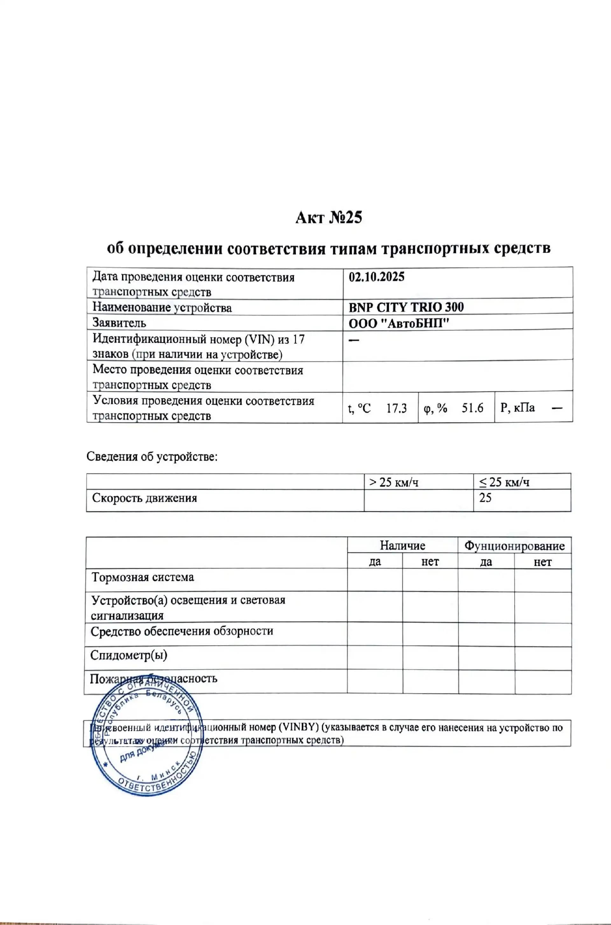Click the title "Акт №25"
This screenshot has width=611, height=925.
point(328,217)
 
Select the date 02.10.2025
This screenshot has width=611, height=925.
point(376,277)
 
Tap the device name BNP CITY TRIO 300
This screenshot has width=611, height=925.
point(406,307)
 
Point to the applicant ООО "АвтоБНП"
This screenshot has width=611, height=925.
point(399,323)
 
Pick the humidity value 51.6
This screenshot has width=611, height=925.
point(472,408)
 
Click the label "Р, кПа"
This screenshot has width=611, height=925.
point(517,408)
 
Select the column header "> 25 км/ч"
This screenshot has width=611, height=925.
point(394,482)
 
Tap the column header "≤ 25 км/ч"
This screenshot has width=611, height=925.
point(504,482)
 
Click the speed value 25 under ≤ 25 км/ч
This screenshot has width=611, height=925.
point(485,498)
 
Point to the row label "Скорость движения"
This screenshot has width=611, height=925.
point(144,498)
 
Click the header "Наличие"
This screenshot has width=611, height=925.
point(403,545)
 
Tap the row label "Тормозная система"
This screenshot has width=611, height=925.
point(143,577)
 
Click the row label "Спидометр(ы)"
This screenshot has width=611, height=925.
point(129,655)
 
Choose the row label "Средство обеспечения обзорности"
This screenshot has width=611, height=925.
point(182,631)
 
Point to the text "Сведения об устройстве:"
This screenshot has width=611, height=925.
point(151,456)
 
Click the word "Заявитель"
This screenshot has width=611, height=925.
point(119,323)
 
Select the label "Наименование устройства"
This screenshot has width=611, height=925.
point(162,308)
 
